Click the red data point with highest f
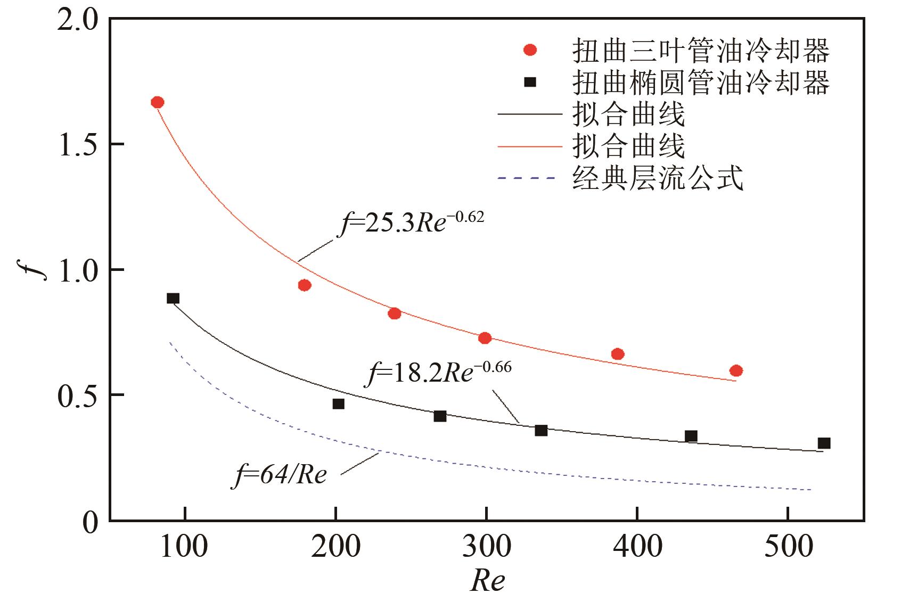[157, 102]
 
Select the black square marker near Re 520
[824, 443]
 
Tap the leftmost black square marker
[173, 298]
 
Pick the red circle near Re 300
[485, 338]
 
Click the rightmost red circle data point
[736, 370]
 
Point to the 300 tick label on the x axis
[486, 547]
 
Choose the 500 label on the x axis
[788, 547]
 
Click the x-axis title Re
[487, 581]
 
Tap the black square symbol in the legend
[530, 82]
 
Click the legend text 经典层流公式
[657, 178]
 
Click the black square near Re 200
[338, 404]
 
